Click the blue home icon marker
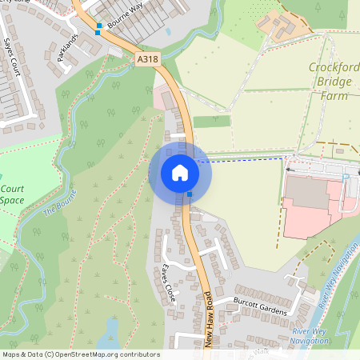click(x=180, y=173)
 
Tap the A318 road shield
click(x=147, y=58)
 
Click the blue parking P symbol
click(x=346, y=178)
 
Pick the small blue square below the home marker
click(x=190, y=194)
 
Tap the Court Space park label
click(x=11, y=195)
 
